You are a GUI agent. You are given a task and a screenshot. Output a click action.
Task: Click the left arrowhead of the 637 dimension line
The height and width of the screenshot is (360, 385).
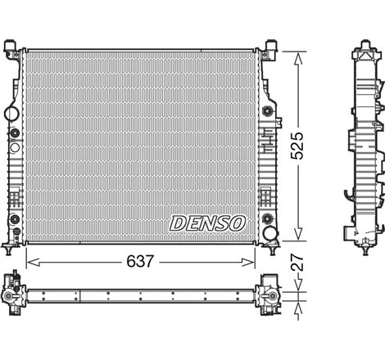30,261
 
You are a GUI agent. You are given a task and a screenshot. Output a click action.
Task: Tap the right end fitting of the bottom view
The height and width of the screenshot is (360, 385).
269,292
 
